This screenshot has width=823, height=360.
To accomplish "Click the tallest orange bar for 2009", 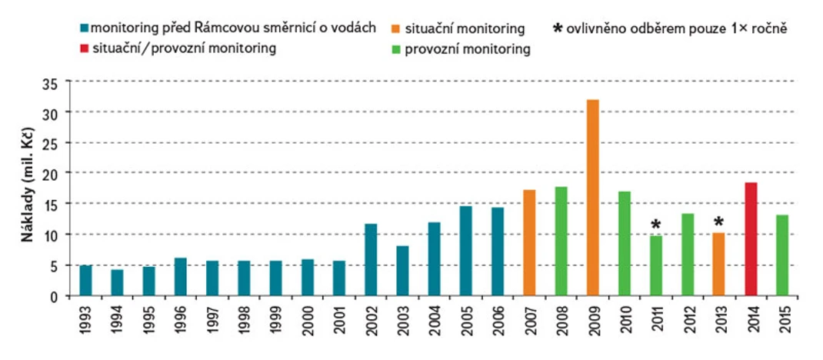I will point(592,198).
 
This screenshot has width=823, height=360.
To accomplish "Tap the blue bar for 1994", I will point(117,282).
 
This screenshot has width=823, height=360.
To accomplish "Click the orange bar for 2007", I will point(529,242).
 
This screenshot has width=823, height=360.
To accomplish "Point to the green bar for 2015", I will point(781,255).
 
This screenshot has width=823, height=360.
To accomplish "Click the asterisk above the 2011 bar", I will point(655,225).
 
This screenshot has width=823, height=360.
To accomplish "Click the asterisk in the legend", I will point(558,29).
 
